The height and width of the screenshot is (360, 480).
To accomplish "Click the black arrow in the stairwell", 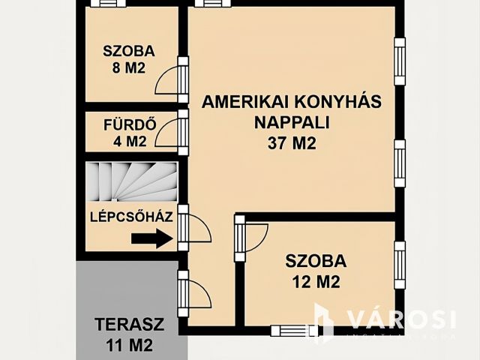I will coord(150,239).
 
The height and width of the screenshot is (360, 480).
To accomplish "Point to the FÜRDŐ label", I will coord(130,124).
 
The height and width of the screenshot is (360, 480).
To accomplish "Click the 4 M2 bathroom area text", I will coord(130,140).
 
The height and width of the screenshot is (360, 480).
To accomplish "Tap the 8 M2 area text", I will coord(128,69).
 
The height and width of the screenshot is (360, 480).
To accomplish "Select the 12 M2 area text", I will coord(315,283).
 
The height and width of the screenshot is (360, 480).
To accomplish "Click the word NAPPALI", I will coord(292,122).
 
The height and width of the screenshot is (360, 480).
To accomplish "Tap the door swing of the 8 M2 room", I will coord(168,80).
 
